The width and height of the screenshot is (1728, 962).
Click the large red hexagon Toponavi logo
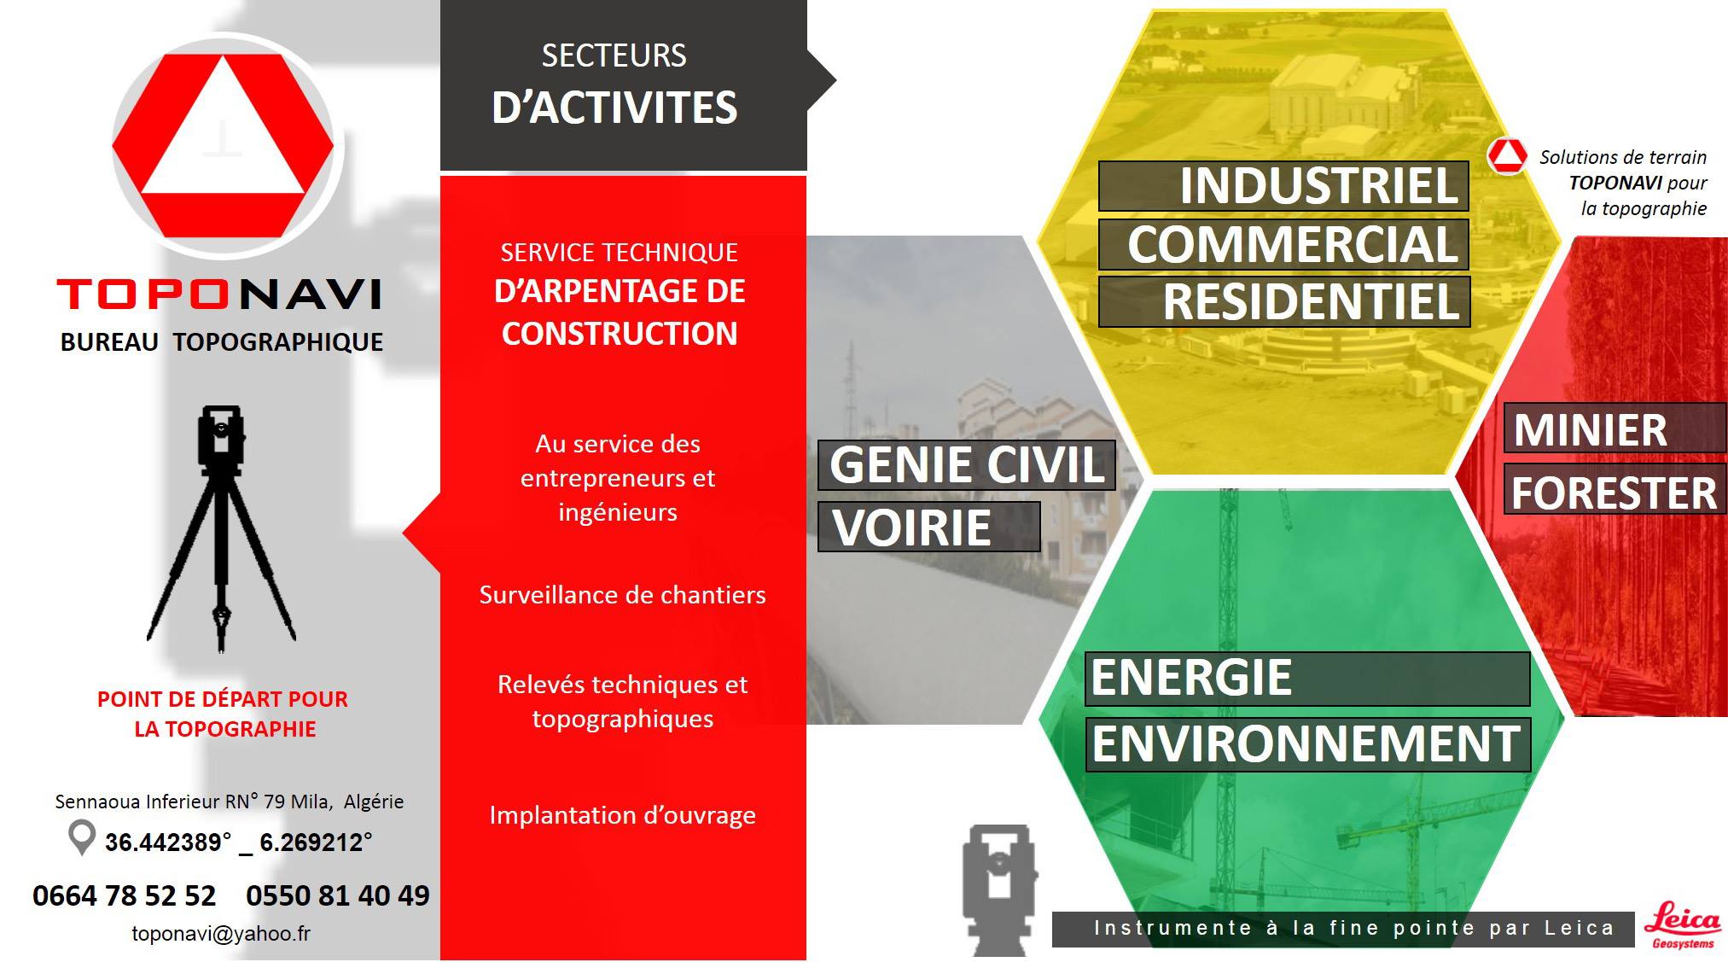223,146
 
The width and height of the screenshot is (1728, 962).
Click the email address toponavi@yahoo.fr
221,934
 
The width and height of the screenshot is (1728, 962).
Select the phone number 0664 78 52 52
125,895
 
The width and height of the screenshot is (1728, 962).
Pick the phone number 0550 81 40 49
338,895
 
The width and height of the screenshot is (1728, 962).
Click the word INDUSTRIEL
1318,186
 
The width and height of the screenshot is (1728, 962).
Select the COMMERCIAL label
1293,245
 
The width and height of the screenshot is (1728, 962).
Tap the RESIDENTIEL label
1312,302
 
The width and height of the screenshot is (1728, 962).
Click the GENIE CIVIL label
967,465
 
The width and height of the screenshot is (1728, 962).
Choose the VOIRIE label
911,528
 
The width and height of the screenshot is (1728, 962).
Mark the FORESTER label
1614,493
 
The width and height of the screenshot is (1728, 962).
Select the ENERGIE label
1191,678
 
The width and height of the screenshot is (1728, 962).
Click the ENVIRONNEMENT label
1306,743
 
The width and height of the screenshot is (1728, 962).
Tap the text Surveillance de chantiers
622,595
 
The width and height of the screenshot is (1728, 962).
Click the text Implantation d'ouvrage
622,815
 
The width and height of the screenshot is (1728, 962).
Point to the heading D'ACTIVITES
614,108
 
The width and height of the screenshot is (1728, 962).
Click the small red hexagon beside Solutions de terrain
1507,156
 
